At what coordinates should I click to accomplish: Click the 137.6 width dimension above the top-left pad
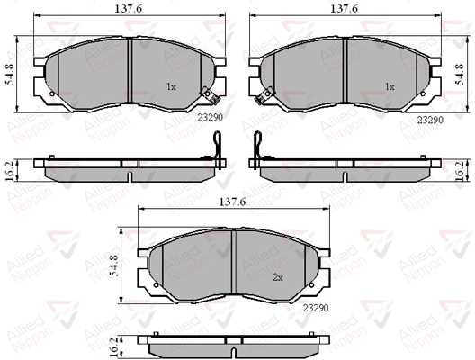coord(128,9)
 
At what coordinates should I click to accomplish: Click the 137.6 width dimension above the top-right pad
coord(344,9)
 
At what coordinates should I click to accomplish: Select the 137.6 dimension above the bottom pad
coord(232,202)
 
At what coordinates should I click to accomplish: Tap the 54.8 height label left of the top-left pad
coord(10,75)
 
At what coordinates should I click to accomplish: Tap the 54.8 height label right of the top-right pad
coord(460,75)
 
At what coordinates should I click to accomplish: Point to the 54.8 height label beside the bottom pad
coord(113,265)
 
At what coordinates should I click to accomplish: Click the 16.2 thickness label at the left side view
coord(10,172)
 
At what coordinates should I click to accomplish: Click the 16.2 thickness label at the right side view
coord(461,172)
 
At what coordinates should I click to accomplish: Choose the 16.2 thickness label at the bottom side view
coord(113,346)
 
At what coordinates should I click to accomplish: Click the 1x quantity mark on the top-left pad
coord(171,87)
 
